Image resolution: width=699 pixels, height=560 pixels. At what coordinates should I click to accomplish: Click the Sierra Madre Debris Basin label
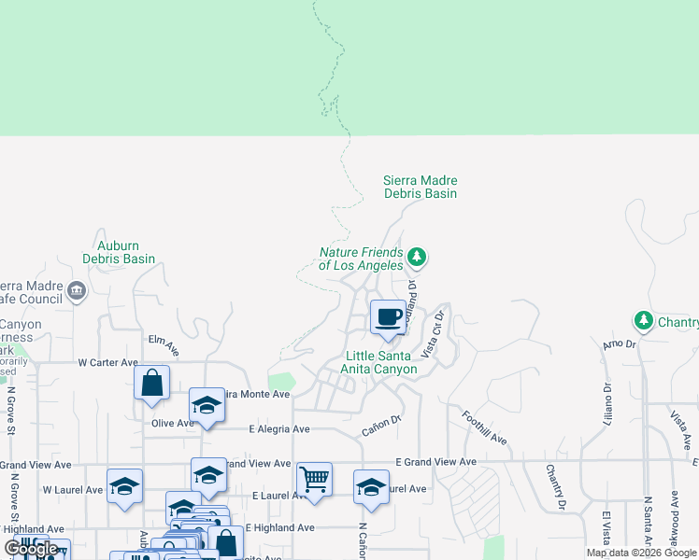pyautogui.click(x=421, y=187)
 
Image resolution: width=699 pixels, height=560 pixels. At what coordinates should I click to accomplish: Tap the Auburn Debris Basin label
pyautogui.click(x=119, y=251)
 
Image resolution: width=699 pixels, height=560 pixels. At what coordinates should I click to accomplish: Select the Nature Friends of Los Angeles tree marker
pyautogui.click(x=418, y=257)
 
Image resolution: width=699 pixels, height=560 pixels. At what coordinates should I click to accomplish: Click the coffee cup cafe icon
pyautogui.click(x=388, y=316)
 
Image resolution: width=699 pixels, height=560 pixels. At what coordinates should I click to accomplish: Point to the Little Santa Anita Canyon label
pyautogui.click(x=381, y=362)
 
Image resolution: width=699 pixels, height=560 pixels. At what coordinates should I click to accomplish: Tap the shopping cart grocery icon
pyautogui.click(x=314, y=480)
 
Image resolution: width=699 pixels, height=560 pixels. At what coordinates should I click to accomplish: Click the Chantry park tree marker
pyautogui.click(x=643, y=322)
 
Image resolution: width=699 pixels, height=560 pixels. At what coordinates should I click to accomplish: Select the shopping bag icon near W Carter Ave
pyautogui.click(x=151, y=383)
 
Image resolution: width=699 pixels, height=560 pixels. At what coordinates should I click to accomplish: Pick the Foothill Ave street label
pyautogui.click(x=484, y=427)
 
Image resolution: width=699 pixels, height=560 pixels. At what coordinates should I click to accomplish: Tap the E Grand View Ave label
pyautogui.click(x=435, y=461)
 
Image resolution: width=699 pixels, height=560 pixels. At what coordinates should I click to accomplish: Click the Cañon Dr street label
pyautogui.click(x=381, y=426)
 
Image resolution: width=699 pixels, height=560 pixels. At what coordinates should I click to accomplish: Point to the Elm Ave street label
pyautogui.click(x=164, y=346)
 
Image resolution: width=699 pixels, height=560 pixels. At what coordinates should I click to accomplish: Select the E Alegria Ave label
pyautogui.click(x=278, y=429)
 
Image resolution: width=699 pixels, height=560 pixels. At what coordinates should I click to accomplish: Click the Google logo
pyautogui.click(x=32, y=549)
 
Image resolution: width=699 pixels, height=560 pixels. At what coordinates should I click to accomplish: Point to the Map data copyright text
pyautogui.click(x=641, y=553)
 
